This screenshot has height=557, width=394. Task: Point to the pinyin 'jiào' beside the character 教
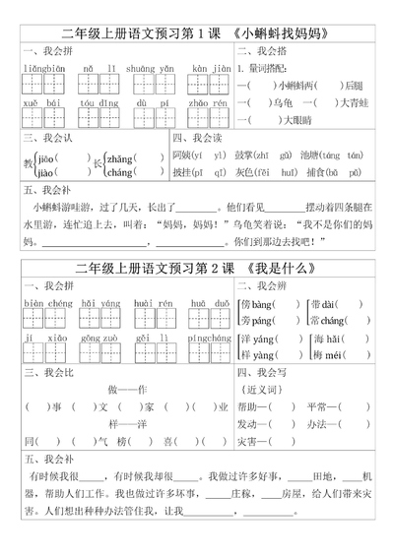43,172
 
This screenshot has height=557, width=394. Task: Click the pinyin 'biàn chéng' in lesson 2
43,304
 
